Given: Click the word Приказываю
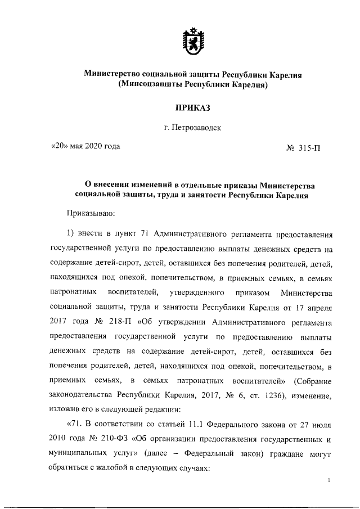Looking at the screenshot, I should (x=91, y=213).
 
